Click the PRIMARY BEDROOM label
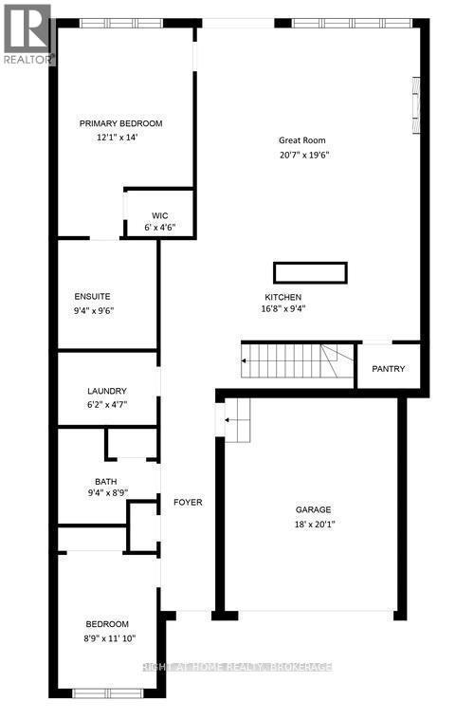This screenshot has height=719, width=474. [x=121, y=123]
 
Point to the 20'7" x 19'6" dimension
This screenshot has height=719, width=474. [x=303, y=156]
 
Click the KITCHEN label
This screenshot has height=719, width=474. [x=284, y=296]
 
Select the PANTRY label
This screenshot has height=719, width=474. [x=389, y=369]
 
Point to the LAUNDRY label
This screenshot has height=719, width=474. [x=106, y=391]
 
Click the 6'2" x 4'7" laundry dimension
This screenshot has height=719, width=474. [x=106, y=405]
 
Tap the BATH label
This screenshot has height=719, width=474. [x=105, y=481]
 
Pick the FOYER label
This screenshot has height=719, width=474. [x=187, y=502]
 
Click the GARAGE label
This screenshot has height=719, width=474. [x=313, y=509]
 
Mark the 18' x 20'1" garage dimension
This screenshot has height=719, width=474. [x=313, y=524]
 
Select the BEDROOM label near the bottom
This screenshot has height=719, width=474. [x=107, y=623]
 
